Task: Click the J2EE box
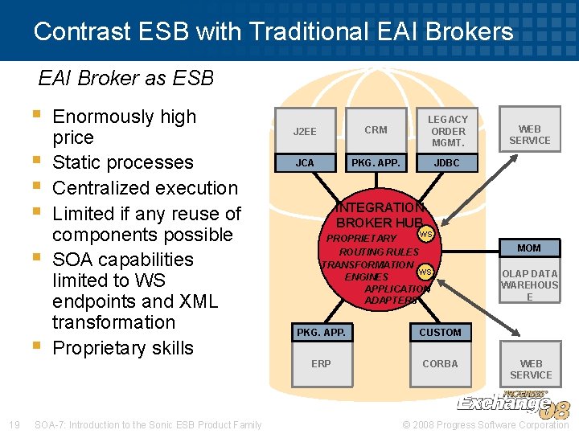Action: tap(305, 131)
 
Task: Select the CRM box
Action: tap(376, 130)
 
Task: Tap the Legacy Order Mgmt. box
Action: tap(448, 131)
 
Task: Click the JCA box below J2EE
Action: tap(305, 162)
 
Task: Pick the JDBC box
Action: tap(448, 162)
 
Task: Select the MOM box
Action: tap(529, 248)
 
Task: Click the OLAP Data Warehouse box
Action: tap(529, 285)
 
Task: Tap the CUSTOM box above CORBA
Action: tap(440, 332)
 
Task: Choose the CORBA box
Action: tap(440, 363)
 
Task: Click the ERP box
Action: tap(321, 363)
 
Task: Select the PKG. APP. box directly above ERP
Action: tap(321, 332)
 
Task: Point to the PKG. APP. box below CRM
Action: tap(376, 162)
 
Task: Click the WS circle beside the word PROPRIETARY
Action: tap(426, 235)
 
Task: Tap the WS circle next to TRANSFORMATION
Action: tap(425, 271)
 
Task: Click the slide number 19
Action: tap(14, 424)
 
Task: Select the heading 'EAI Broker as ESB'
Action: tap(126, 78)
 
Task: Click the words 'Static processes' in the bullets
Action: tap(122, 162)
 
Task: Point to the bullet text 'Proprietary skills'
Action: tap(122, 348)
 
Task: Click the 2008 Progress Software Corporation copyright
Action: tap(486, 424)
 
